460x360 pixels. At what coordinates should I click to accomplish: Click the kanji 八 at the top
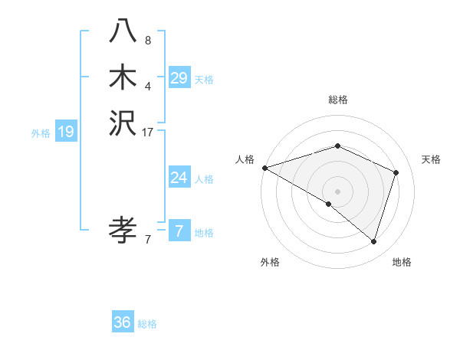click(122, 30)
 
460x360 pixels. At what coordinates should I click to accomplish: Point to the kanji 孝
click(122, 229)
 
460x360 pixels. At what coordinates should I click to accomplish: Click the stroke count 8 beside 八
click(148, 40)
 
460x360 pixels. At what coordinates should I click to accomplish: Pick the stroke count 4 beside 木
click(148, 86)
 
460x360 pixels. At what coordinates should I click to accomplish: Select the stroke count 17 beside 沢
click(148, 133)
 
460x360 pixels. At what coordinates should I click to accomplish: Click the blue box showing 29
click(179, 78)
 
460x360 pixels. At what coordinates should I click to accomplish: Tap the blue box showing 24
click(179, 178)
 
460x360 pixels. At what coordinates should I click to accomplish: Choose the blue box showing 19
click(66, 132)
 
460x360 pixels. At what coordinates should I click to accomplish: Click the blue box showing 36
click(122, 322)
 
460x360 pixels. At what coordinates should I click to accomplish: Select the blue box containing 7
click(179, 231)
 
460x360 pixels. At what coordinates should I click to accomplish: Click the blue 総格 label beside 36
click(147, 324)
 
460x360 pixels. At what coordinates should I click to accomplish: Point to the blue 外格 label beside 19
click(41, 133)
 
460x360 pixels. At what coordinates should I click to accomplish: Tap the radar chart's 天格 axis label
click(431, 159)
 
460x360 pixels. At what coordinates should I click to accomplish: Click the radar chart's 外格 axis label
click(270, 262)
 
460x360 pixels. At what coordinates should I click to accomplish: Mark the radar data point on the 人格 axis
click(264, 168)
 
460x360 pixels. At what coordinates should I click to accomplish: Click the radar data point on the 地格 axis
click(374, 241)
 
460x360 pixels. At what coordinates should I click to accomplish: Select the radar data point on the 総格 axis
click(338, 146)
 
